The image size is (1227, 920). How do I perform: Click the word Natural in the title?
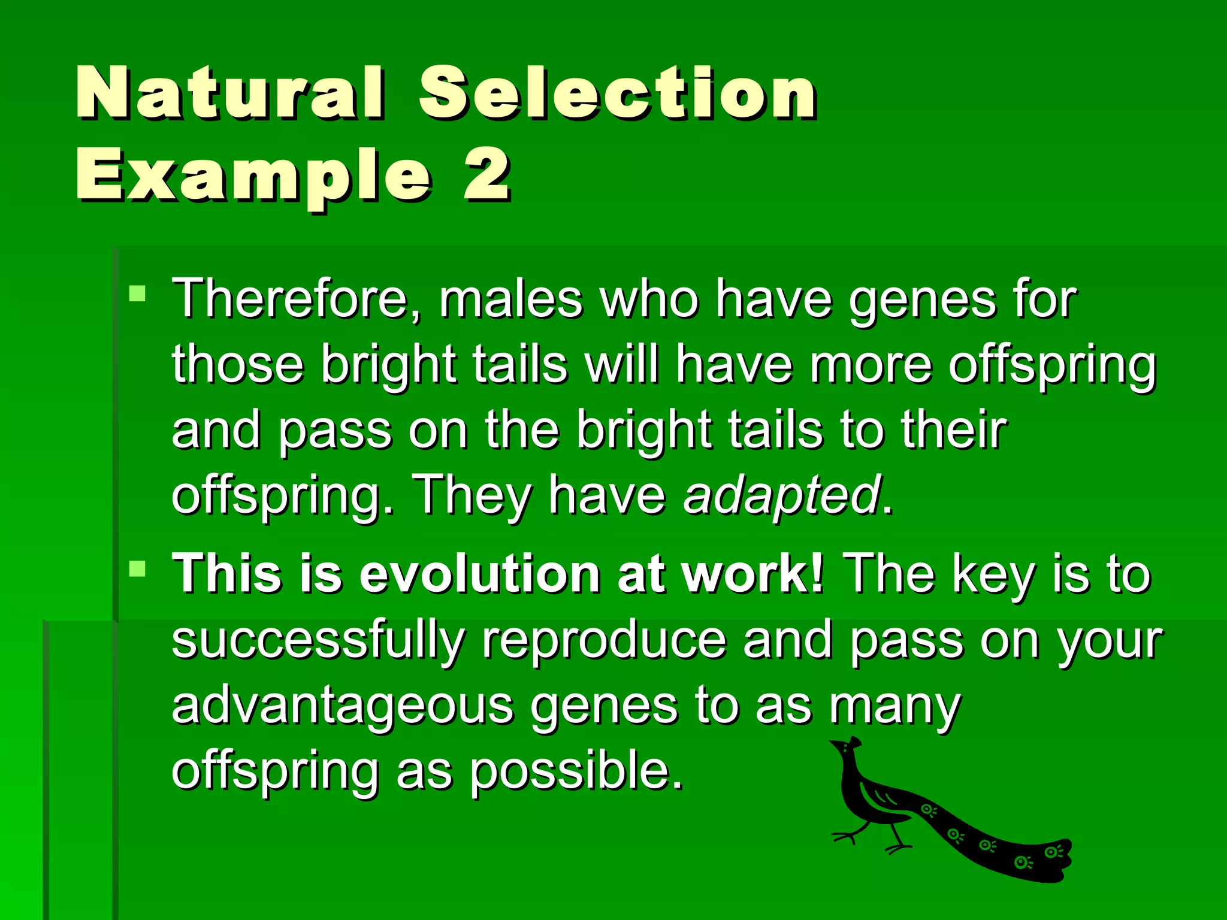[x=231, y=93]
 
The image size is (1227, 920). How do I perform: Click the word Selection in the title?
[x=617, y=93]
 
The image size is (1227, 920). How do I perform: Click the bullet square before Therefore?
[x=137, y=293]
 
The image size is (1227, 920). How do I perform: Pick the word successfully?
[x=318, y=641]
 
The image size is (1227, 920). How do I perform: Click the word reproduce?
[x=605, y=641]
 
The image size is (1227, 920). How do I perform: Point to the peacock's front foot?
[x=845, y=836]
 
